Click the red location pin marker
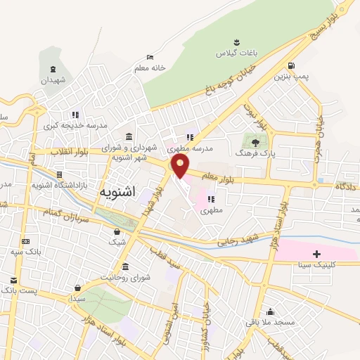(x=181, y=166)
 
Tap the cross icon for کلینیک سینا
(x=316, y=254)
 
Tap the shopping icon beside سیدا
(x=77, y=288)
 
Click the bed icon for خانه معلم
(x=149, y=58)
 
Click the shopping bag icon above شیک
(x=117, y=231)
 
